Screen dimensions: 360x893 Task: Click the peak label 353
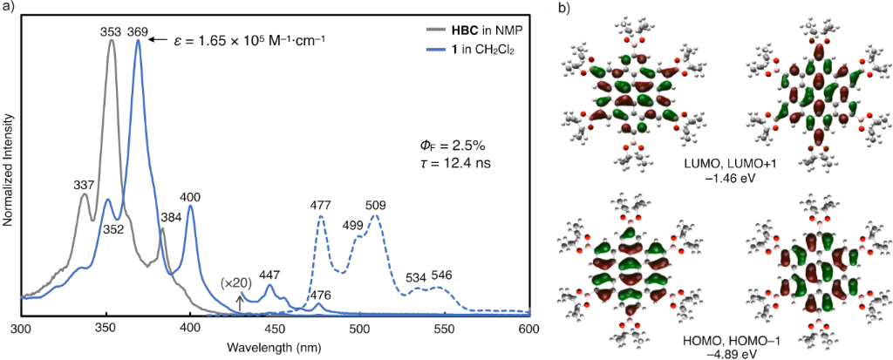click(x=110, y=31)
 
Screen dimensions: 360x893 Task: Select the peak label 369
click(x=137, y=31)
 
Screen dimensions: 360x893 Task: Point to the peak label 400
click(x=191, y=198)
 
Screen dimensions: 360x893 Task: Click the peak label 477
click(x=322, y=205)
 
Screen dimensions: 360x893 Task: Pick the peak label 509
click(x=376, y=205)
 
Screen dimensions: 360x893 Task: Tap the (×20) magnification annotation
click(x=236, y=283)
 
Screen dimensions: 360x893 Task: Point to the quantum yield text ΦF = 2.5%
click(x=452, y=144)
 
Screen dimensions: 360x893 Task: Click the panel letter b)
click(x=564, y=9)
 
